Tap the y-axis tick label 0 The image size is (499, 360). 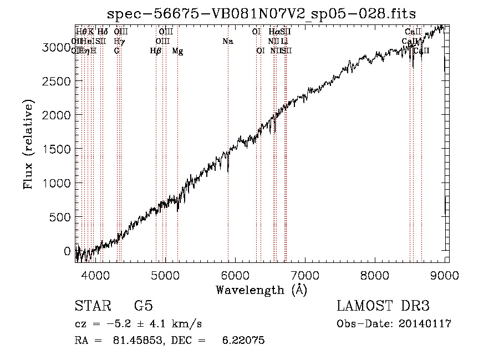68,251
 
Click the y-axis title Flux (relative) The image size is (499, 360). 28,145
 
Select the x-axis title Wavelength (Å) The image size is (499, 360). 261,290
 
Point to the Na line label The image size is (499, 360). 227,41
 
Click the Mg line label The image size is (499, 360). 178,51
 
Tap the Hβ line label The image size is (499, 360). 156,51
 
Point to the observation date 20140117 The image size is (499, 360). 424,324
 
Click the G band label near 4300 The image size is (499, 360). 116,51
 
